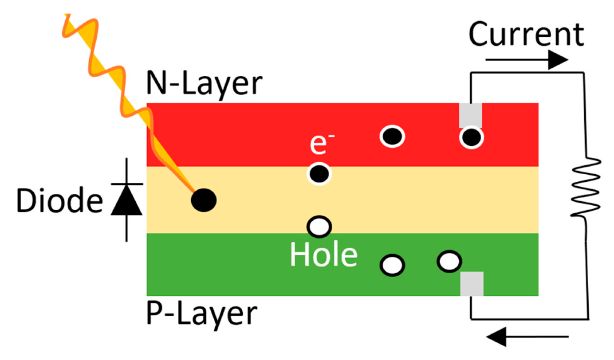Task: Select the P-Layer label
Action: (x=201, y=313)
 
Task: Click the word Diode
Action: (x=57, y=201)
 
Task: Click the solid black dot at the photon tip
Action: (x=204, y=200)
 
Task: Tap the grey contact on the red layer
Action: (x=470, y=115)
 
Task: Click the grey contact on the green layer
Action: (x=472, y=284)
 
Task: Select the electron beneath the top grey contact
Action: (x=471, y=138)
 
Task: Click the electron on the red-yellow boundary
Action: (x=319, y=174)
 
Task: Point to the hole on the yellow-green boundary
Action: (x=319, y=227)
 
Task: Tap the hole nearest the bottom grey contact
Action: (x=449, y=261)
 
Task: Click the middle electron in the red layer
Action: (x=392, y=136)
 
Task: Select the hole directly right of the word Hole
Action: (x=393, y=265)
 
